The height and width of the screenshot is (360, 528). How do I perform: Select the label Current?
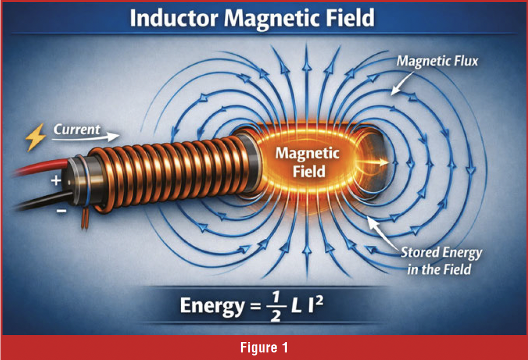pos(77,130)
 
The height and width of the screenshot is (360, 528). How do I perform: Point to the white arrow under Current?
pos(86,137)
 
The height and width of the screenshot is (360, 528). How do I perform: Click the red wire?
pos(40,167)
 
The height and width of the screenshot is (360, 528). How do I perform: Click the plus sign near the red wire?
pos(56,181)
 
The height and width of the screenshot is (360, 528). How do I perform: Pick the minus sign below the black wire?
pos(61,211)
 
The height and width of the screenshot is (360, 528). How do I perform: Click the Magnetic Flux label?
pos(437,61)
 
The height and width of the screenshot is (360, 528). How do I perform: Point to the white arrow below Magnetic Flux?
pos(402,83)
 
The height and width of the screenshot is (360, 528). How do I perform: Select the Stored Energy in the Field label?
pos(441,261)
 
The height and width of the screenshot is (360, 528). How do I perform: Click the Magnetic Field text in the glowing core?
pos(307,162)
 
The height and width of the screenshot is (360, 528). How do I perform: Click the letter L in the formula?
pos(296,305)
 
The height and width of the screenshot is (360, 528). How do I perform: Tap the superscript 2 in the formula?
pos(319,300)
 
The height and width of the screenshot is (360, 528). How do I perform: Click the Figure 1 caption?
pos(264,347)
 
